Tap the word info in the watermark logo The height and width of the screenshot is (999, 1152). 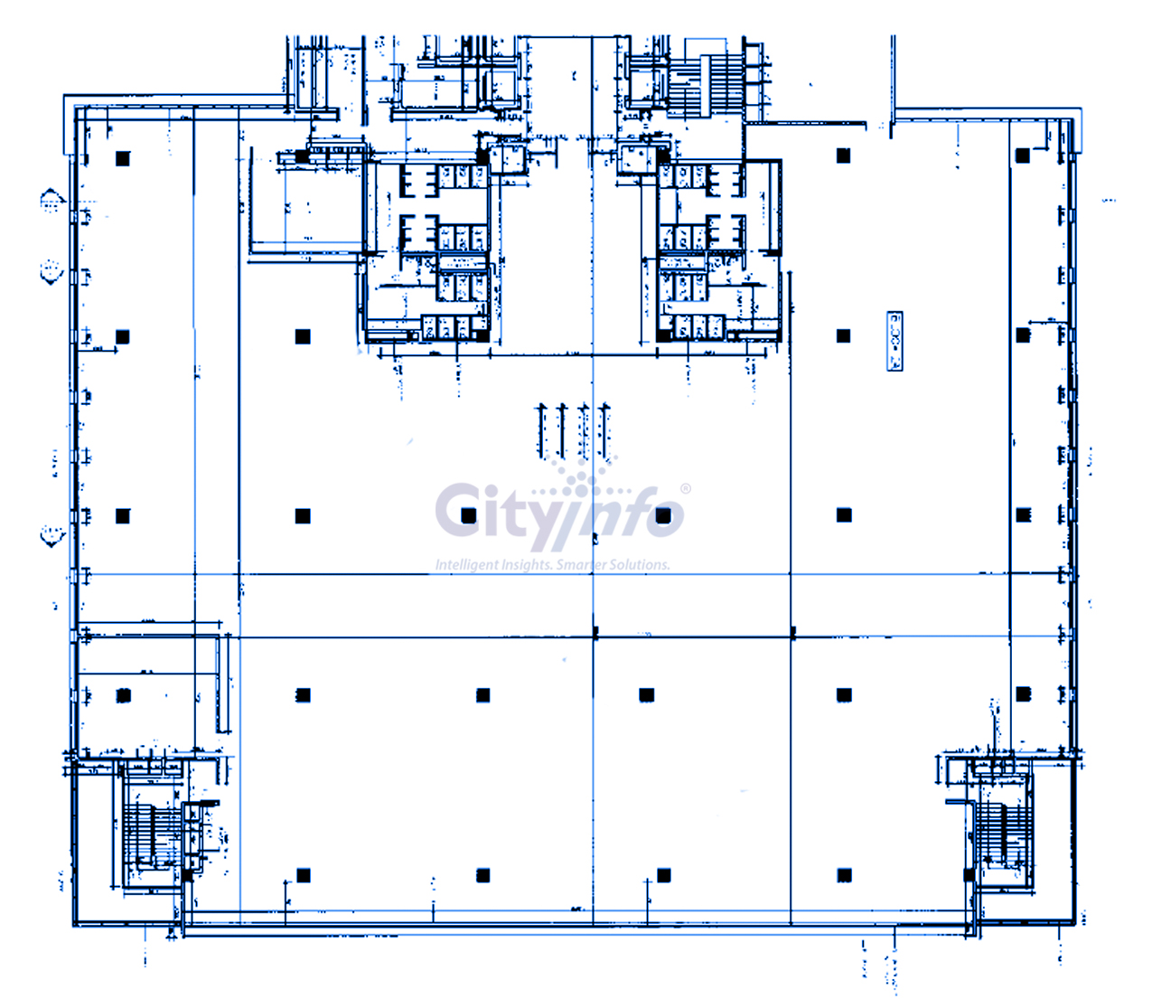632,515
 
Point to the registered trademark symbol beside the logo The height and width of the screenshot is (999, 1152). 685,489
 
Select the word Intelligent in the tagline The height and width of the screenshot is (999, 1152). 466,565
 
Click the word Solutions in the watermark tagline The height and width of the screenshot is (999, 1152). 640,565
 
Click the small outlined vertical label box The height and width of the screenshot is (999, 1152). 894,341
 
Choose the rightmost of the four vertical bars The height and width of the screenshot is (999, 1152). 605,431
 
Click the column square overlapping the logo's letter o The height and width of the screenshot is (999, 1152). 664,515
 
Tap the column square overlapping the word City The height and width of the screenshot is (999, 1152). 468,515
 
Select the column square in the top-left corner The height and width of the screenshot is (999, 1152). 123,158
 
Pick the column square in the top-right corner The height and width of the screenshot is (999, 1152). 1023,156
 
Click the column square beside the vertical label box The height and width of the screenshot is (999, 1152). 844,335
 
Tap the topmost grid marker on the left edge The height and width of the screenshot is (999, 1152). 52,201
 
